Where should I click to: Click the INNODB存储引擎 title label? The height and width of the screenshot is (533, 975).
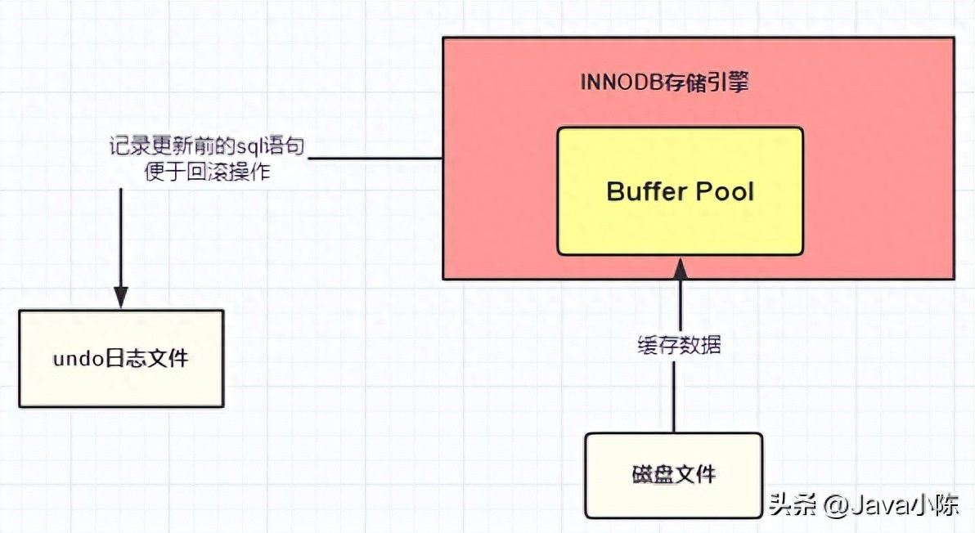664,83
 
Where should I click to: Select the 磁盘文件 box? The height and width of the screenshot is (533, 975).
674,475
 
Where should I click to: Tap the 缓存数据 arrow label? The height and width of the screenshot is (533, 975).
679,344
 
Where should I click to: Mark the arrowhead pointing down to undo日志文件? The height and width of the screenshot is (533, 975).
121,298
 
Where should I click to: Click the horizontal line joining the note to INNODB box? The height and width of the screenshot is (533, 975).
377,159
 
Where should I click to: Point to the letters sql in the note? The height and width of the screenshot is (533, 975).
249,147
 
